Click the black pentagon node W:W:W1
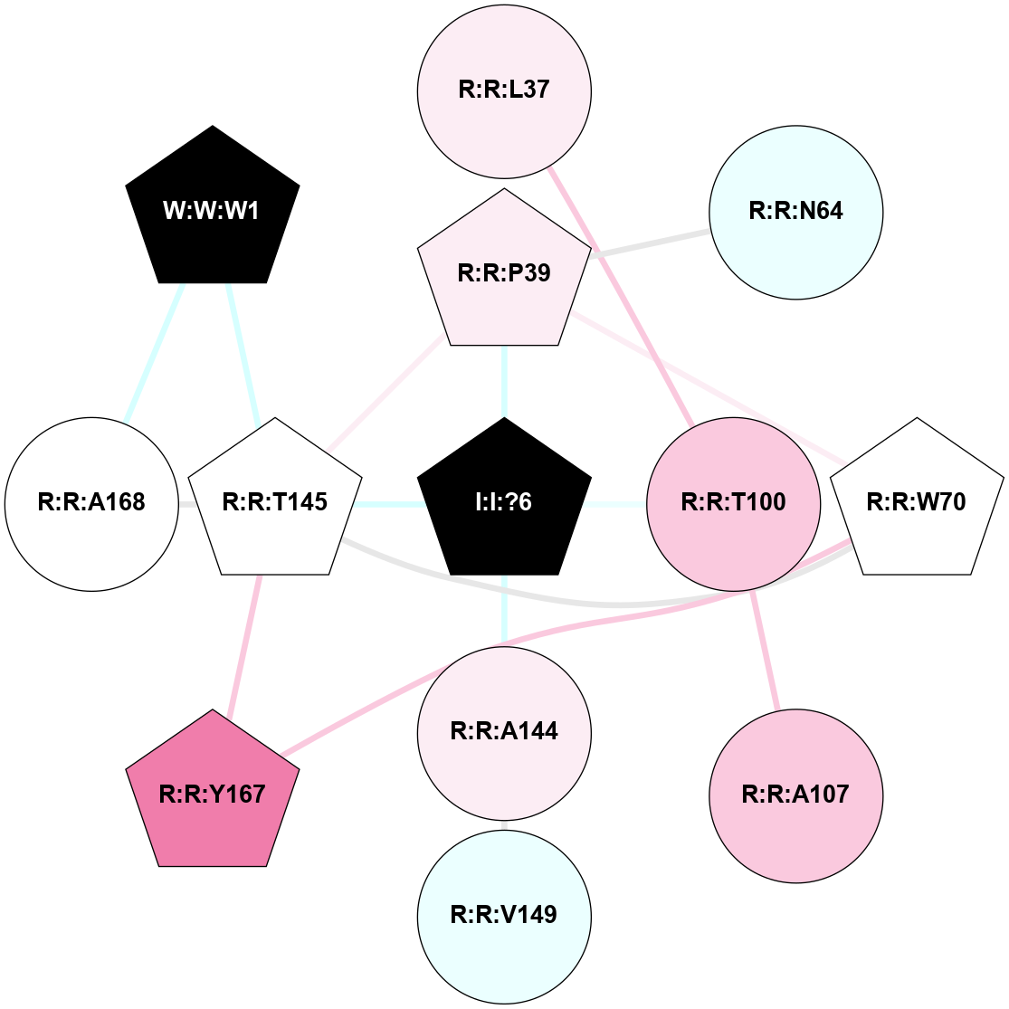tap(213, 209)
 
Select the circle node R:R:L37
tap(505, 91)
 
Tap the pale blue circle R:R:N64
tap(796, 213)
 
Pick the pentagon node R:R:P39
tap(505, 271)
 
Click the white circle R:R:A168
tap(91, 505)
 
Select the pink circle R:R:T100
tap(734, 505)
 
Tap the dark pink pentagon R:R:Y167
tap(213, 793)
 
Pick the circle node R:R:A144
tap(505, 734)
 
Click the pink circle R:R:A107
tap(796, 796)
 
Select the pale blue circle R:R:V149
tap(505, 917)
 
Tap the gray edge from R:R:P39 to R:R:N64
tap(651, 243)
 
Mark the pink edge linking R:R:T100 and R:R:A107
tap(765, 650)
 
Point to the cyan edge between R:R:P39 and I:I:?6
tap(505, 382)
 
